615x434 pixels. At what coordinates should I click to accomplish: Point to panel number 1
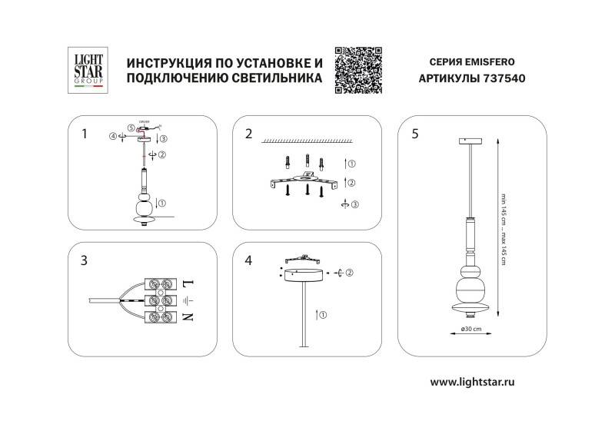pyautogui.click(x=85, y=134)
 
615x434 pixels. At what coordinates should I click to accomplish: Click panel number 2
pyautogui.click(x=248, y=134)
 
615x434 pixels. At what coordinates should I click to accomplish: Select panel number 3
pyautogui.click(x=85, y=260)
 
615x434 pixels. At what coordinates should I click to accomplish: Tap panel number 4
pyautogui.click(x=248, y=260)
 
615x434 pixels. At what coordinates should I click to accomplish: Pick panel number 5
pyautogui.click(x=415, y=134)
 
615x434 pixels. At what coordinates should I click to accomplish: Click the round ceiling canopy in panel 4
pyautogui.click(x=303, y=275)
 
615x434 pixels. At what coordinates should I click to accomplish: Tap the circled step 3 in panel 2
pyautogui.click(x=354, y=205)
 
